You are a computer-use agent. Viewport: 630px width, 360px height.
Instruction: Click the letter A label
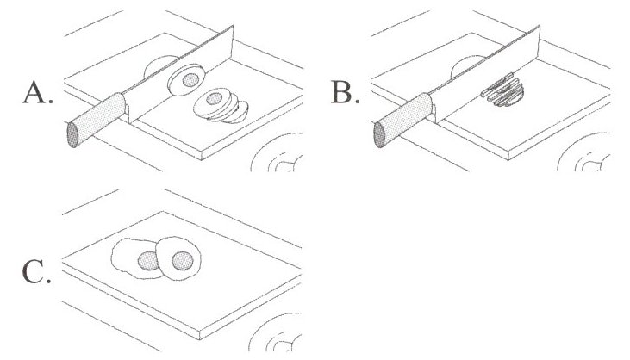coord(37,93)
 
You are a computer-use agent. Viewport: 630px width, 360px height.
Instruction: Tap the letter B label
coord(345,93)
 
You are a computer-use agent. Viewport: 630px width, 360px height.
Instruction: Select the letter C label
coord(37,274)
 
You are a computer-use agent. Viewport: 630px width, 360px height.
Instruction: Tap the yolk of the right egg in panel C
coord(181,259)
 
